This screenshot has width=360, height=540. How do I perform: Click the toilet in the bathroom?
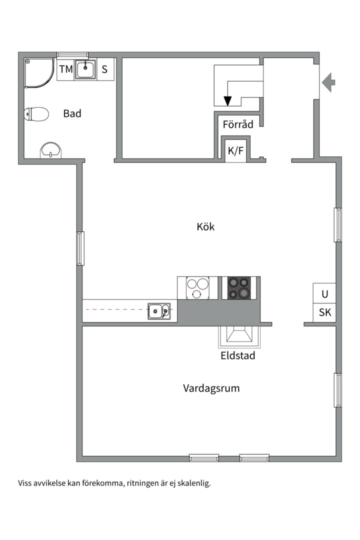pos(36,114)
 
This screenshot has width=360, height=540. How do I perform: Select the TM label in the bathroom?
pos(65,69)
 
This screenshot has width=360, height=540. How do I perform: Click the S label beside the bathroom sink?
pos(104,69)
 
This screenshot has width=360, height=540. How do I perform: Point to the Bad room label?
pos(72,113)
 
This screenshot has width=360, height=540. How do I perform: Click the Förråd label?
pos(238,124)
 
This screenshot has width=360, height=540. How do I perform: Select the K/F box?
pos(236,150)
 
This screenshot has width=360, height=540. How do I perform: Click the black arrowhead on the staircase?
pos(227,101)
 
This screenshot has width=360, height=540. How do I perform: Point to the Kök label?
pos(205,226)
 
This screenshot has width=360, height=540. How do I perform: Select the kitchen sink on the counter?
pos(159,311)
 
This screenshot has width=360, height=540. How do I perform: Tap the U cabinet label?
pos(325,293)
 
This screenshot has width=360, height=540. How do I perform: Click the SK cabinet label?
pos(325,313)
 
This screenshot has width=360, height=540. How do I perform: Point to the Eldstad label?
pos(238,356)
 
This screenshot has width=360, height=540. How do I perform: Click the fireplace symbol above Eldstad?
pos(239,336)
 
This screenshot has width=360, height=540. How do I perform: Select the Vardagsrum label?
pos(211,388)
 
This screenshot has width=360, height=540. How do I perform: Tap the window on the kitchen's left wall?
pos(80,248)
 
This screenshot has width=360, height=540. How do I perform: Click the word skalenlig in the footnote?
pos(193,483)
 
